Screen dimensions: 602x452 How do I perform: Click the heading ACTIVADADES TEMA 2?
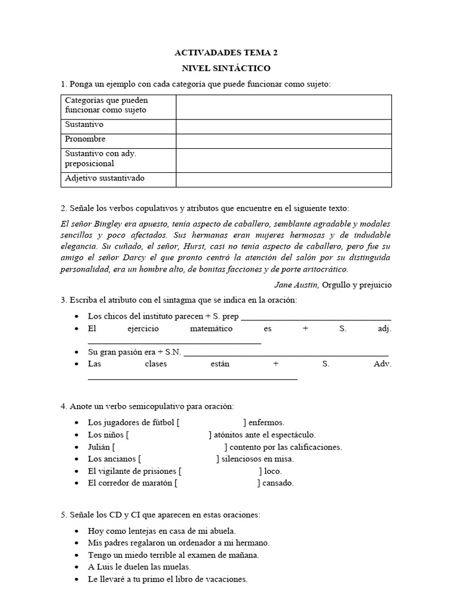pyautogui.click(x=226, y=53)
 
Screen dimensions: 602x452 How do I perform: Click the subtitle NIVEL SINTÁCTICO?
pyautogui.click(x=226, y=69)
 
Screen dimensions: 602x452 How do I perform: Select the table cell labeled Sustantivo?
pyautogui.click(x=85, y=125)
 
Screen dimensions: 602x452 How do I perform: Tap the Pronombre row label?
pyautogui.click(x=86, y=139)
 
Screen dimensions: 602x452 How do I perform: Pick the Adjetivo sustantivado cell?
pyautogui.click(x=105, y=178)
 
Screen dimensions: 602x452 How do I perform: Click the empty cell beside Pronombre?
pyautogui.click(x=283, y=141)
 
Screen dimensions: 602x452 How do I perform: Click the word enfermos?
pyautogui.click(x=267, y=422)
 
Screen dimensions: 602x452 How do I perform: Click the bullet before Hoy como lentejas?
pyautogui.click(x=78, y=531)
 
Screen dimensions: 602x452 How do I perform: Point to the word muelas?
pyautogui.click(x=177, y=567)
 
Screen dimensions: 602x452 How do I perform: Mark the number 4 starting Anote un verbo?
pyautogui.click(x=63, y=406)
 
